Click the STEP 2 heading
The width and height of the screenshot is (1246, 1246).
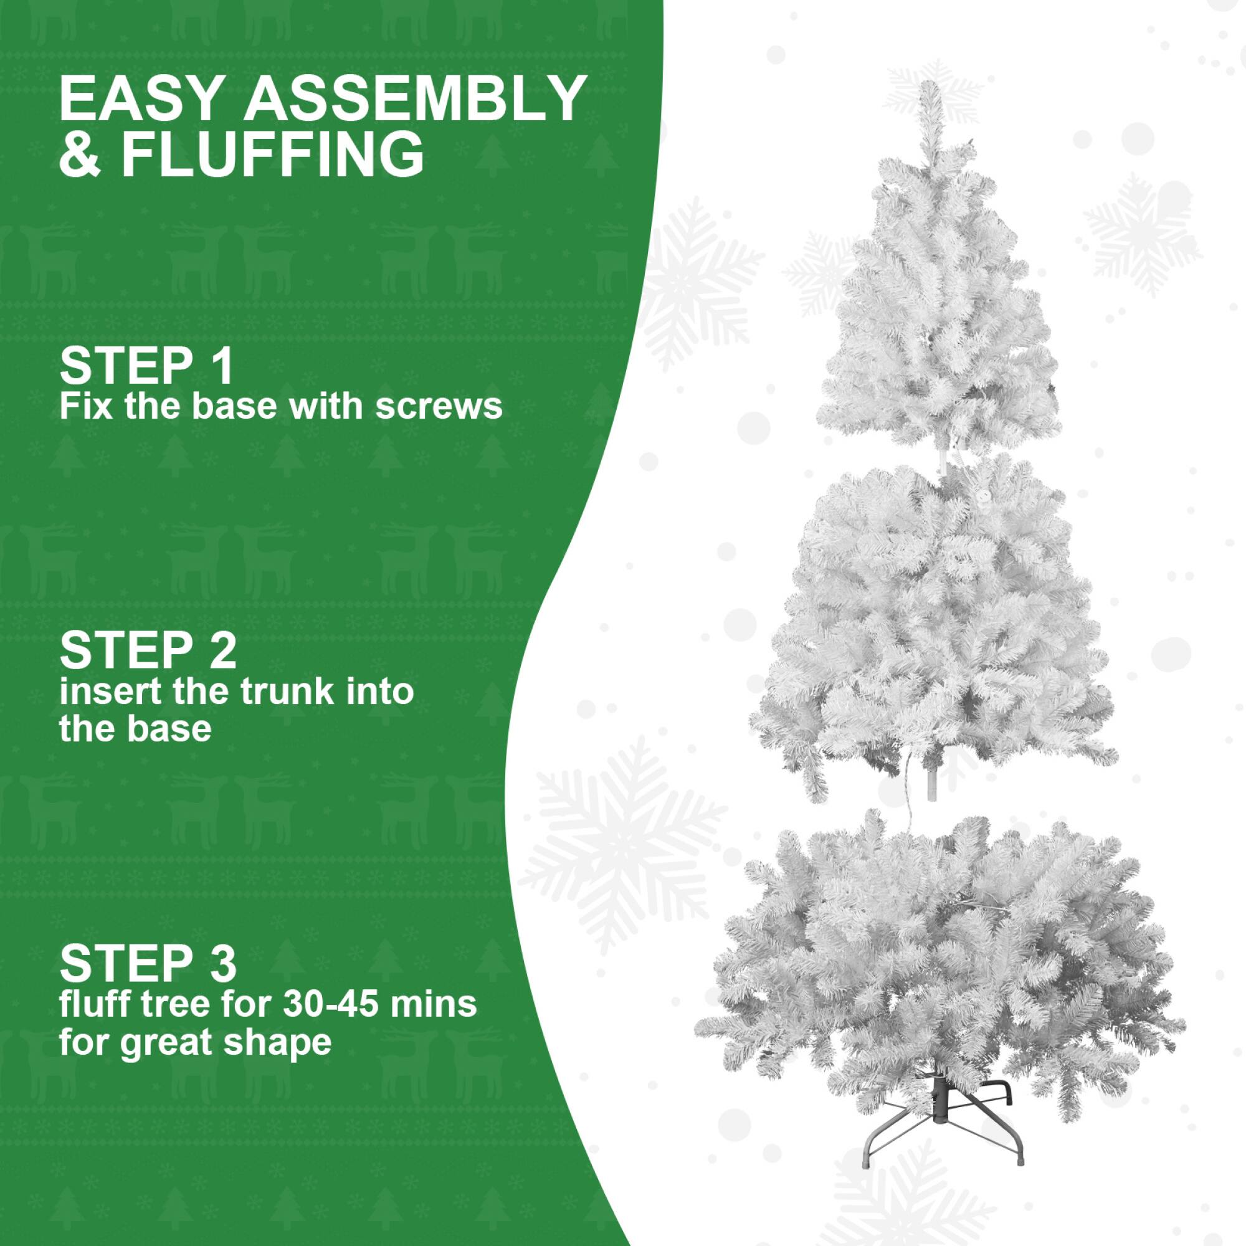point(148,651)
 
